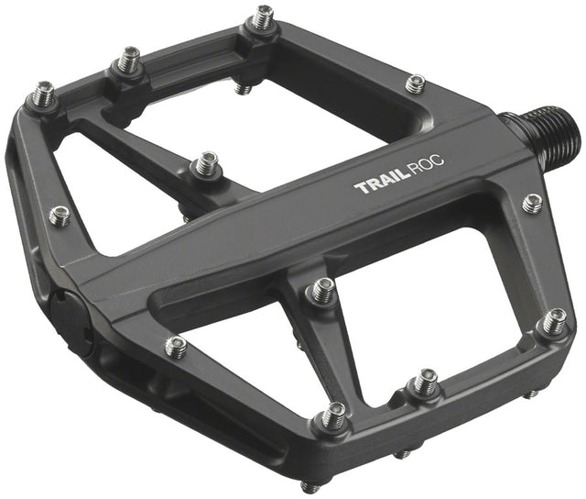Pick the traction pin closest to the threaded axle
pyautogui.click(x=416, y=84)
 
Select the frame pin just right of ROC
pyautogui.click(x=532, y=204)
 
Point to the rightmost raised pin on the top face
pyautogui.click(x=554, y=322)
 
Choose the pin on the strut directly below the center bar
pyautogui.click(x=321, y=291)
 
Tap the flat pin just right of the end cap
pyautogui.click(x=176, y=346)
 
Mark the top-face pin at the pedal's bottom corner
pyautogui.click(x=334, y=416)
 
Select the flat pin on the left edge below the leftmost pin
pyautogui.click(x=60, y=216)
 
